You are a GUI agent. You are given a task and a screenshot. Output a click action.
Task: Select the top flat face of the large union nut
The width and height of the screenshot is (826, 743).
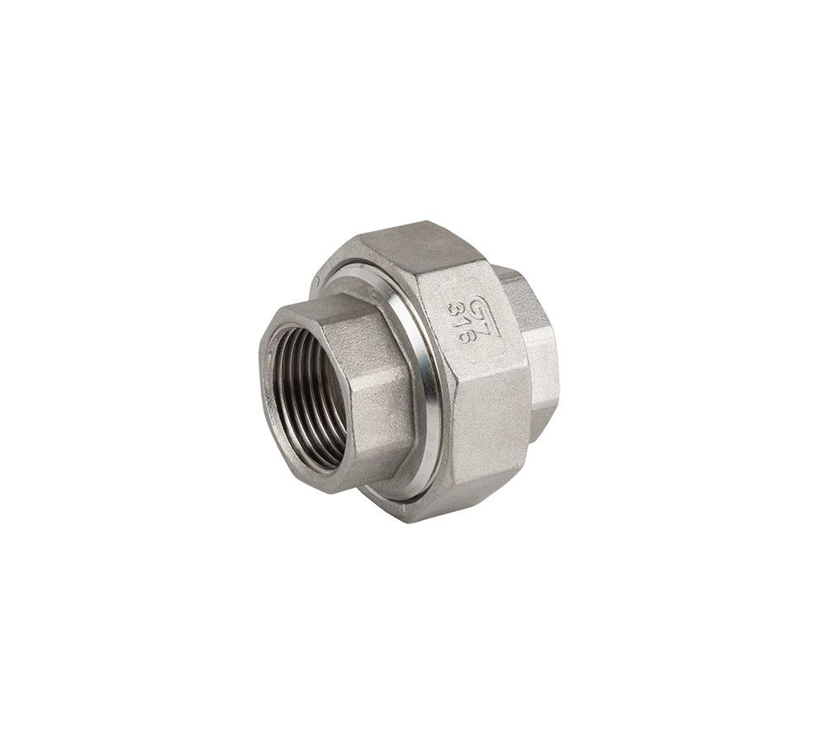[413, 248]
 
